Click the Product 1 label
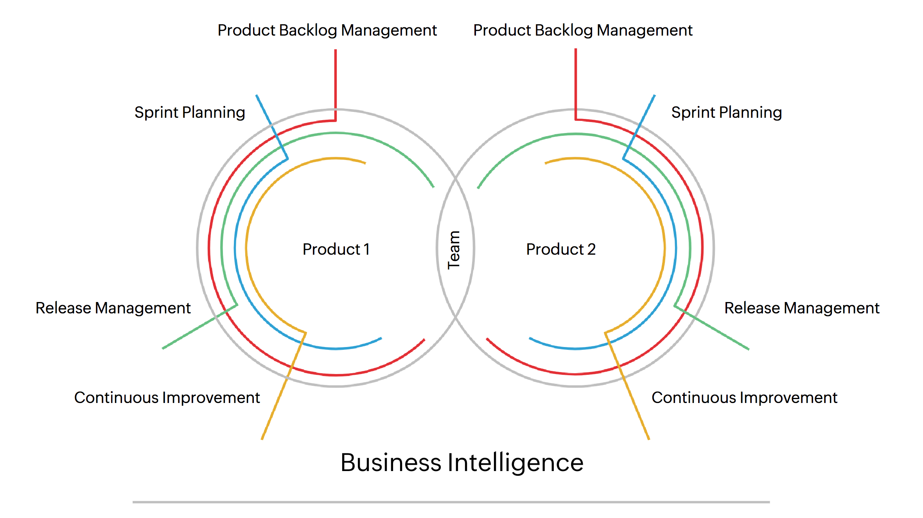click(336, 249)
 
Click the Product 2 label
click(560, 249)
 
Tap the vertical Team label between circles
click(454, 250)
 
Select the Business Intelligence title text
click(461, 463)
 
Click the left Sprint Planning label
click(190, 113)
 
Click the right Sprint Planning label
click(726, 113)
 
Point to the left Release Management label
click(113, 308)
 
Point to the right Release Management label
click(801, 308)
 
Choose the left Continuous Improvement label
click(167, 398)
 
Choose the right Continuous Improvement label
click(744, 398)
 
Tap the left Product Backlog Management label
click(327, 31)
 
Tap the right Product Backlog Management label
click(583, 31)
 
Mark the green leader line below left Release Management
click(188, 333)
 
